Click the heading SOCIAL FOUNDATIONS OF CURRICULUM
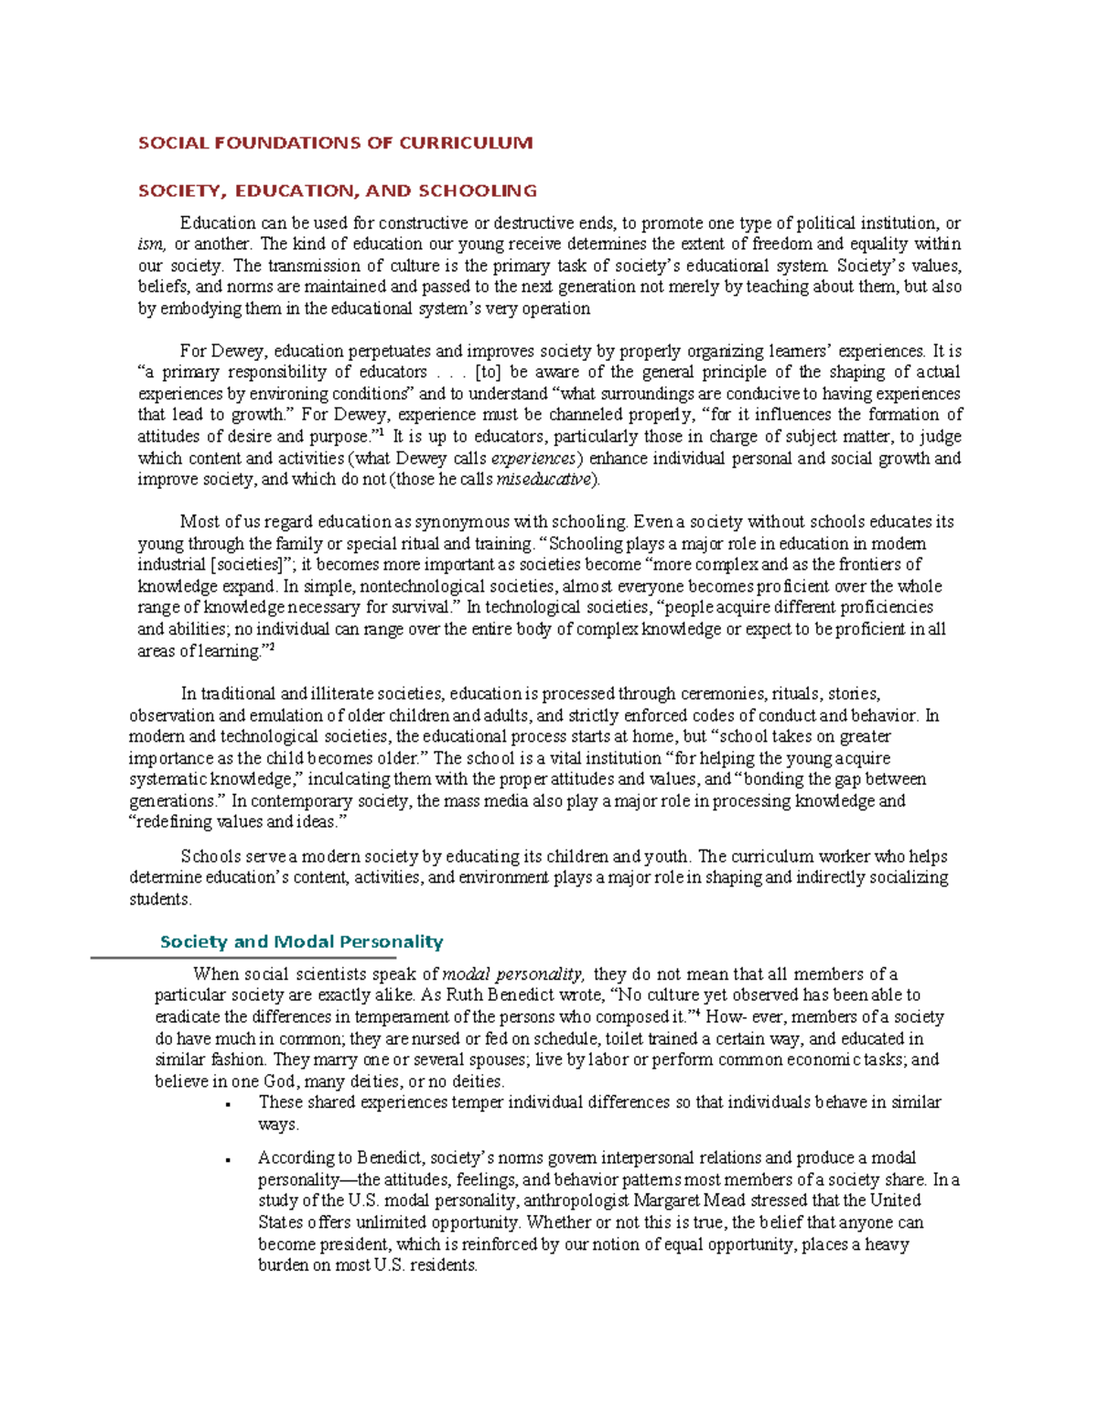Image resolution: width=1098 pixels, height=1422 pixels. pos(335,143)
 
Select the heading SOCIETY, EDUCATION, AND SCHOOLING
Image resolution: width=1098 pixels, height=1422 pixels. pos(337,190)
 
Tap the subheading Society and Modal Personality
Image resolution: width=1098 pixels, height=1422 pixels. pos(301,941)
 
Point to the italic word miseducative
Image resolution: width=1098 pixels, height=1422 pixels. pos(545,480)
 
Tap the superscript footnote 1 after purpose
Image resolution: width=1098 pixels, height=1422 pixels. pos(381,432)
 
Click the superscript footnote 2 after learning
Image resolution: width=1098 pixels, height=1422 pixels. pos(272,646)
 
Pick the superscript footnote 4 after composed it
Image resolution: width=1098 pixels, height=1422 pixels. pos(698,1012)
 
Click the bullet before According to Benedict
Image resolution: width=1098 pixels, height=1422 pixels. pos(226,1160)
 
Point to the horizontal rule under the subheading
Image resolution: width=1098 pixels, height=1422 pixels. pos(242,958)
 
